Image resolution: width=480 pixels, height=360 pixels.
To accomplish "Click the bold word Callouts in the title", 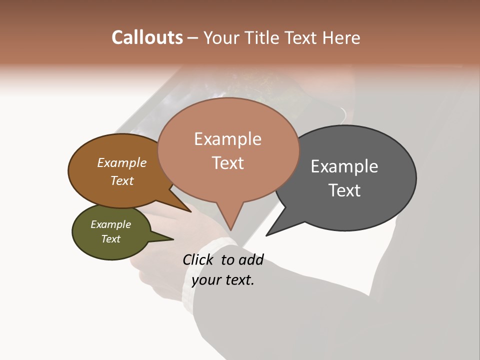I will click(147, 37).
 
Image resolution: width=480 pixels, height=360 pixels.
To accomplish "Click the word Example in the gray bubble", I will click(344, 166).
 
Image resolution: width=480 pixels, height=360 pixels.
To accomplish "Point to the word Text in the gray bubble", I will click(344, 190).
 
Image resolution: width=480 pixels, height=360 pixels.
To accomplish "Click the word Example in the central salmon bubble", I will click(227, 139).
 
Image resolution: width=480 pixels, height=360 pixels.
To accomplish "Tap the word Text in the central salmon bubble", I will click(227, 162).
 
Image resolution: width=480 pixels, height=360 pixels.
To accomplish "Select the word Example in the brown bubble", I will click(121, 162).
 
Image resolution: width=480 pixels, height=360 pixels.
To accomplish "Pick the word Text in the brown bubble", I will click(121, 180).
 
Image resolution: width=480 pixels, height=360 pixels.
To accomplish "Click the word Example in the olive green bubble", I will click(110, 224).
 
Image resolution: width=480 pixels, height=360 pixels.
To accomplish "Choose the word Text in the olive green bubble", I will click(110, 239).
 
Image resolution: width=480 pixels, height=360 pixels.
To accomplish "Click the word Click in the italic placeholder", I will click(199, 259).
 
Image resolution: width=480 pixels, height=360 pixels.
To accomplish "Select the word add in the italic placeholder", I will click(251, 259).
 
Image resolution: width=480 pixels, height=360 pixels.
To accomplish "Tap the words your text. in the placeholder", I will click(223, 280).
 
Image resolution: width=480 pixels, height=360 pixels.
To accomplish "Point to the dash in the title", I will click(193, 37).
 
